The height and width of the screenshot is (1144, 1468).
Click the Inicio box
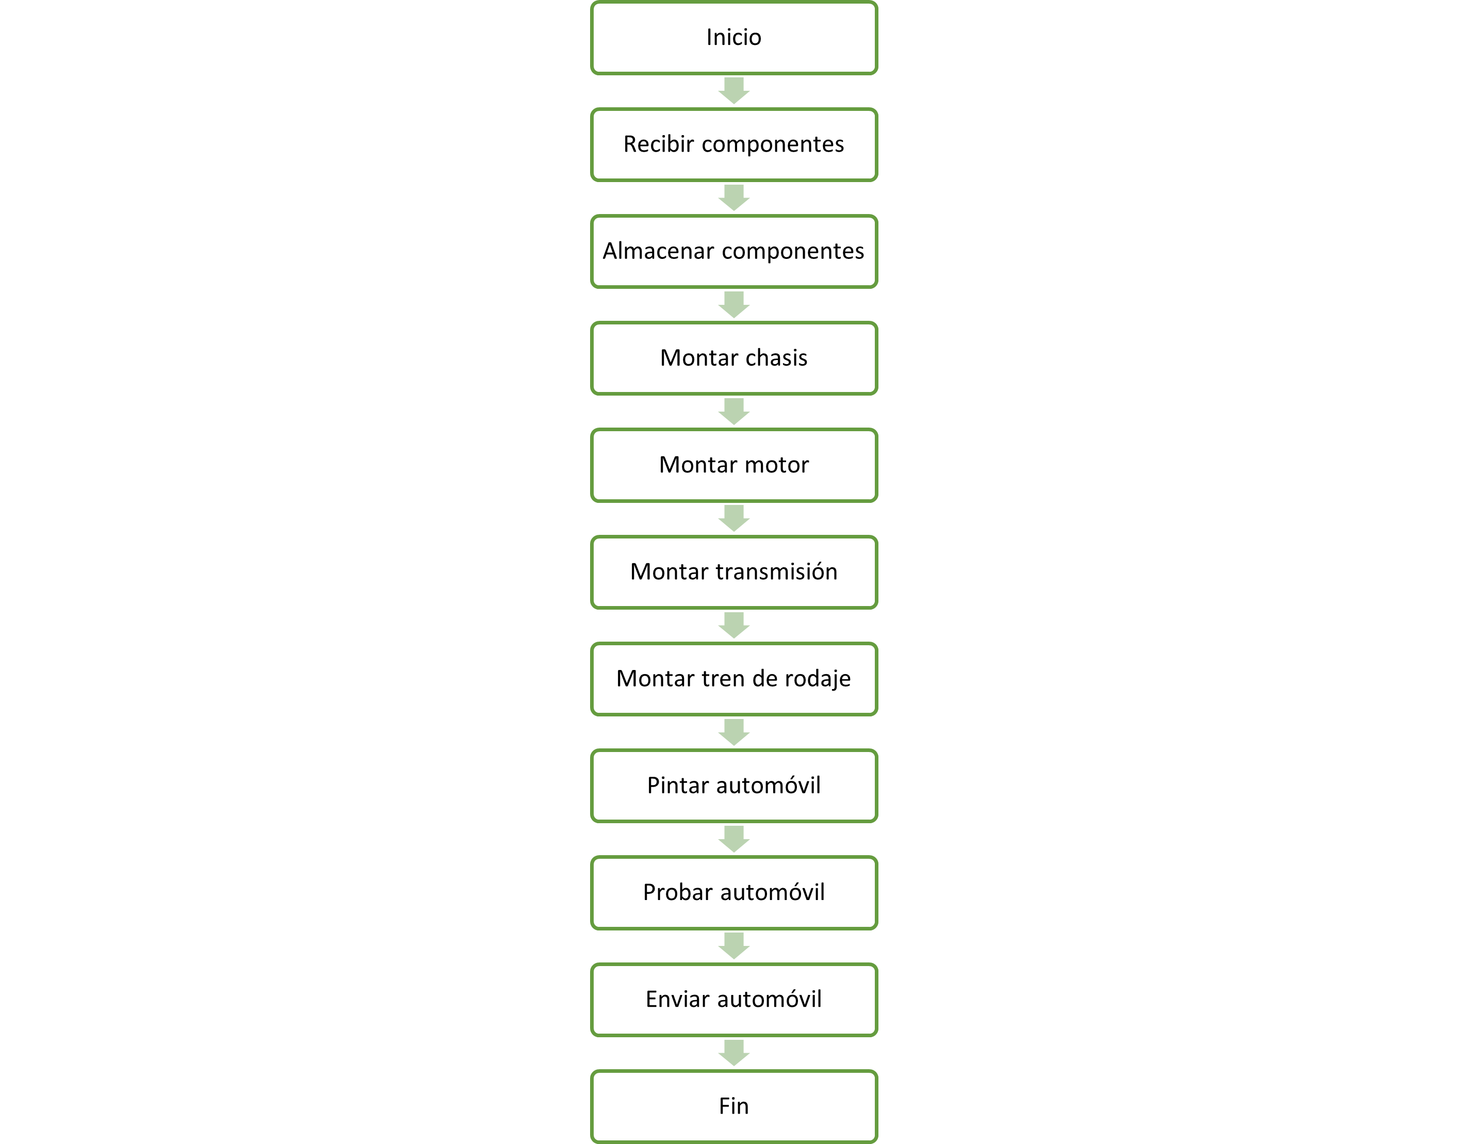click(734, 38)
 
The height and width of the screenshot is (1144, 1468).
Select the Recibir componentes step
click(734, 144)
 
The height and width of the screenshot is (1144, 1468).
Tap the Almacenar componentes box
click(734, 251)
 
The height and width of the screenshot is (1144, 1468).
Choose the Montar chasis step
click(734, 358)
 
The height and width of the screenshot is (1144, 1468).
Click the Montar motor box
click(734, 465)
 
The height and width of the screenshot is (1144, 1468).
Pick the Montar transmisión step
click(734, 572)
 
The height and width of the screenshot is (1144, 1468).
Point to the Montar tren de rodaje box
click(734, 679)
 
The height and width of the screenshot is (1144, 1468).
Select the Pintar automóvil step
click(734, 786)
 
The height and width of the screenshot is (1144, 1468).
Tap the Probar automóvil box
click(734, 893)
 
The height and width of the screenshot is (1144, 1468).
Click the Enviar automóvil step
click(734, 1000)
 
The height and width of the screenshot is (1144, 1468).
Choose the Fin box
click(734, 1106)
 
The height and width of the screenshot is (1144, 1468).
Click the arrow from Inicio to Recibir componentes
click(734, 91)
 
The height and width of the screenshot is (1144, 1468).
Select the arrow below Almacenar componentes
click(734, 304)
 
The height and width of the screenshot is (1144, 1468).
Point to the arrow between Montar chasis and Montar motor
click(734, 412)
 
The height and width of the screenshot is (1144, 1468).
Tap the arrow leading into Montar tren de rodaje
click(734, 625)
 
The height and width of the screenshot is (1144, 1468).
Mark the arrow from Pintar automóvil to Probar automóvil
click(734, 839)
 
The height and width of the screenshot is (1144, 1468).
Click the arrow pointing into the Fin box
click(734, 1053)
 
